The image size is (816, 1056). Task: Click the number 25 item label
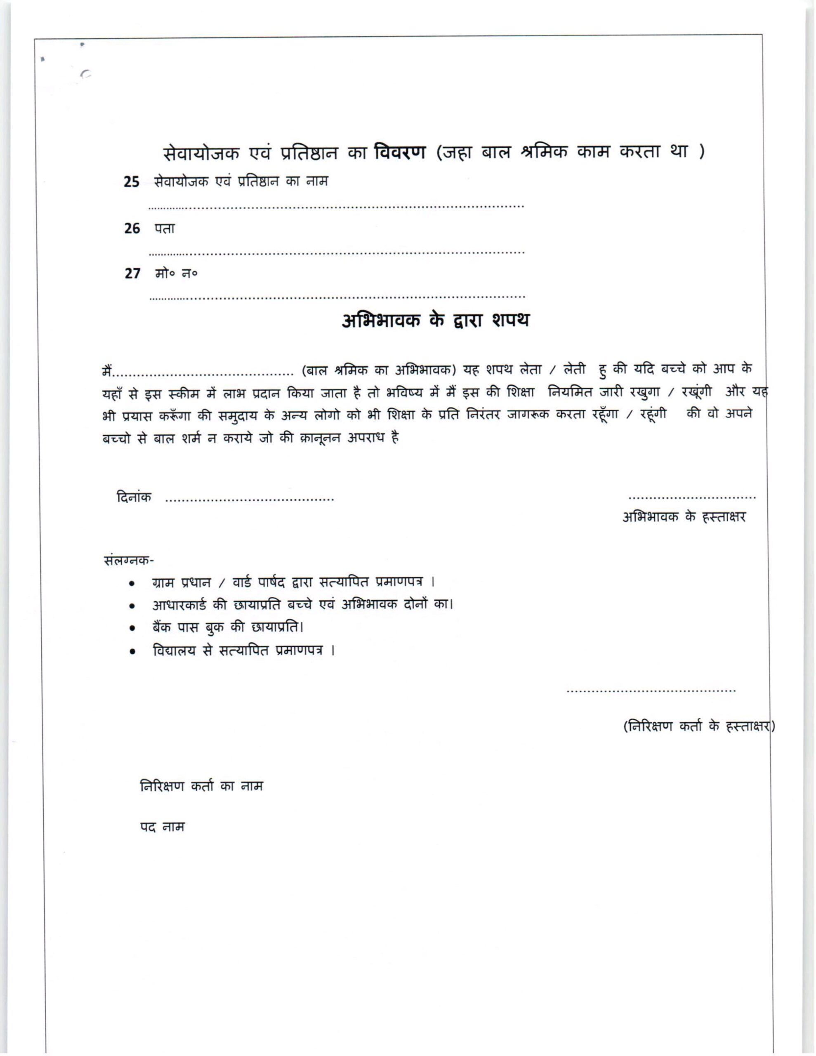tap(132, 182)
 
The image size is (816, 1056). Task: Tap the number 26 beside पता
tap(132, 228)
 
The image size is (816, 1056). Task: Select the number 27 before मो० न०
tap(132, 273)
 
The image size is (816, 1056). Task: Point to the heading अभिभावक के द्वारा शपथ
tap(435, 321)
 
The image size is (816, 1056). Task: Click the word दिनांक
tap(134, 497)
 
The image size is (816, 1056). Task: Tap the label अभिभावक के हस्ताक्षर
tap(684, 517)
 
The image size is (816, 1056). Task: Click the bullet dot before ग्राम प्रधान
tap(132, 584)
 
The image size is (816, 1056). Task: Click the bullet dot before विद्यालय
tap(132, 652)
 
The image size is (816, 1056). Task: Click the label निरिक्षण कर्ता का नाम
tap(201, 786)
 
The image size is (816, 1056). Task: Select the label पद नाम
tap(162, 827)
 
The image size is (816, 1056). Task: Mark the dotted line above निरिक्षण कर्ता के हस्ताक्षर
tap(651, 691)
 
